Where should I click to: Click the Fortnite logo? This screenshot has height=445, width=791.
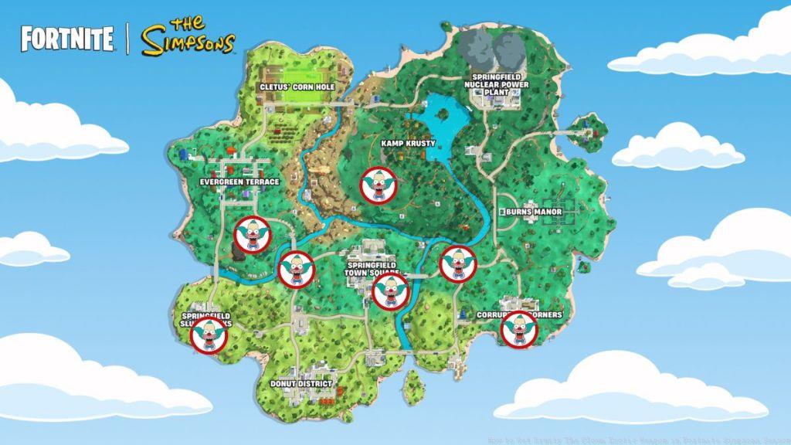67,38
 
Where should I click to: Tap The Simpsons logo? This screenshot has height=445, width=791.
188,36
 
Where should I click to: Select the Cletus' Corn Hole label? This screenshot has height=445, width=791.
297,87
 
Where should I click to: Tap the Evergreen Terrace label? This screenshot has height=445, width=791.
239,182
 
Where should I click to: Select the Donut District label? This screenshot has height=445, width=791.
300,383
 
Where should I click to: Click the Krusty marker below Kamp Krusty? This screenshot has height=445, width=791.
379,185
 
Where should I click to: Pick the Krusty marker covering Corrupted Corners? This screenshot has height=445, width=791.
519,330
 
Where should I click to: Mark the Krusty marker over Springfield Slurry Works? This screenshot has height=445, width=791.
208,335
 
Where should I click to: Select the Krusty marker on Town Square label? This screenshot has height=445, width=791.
390,291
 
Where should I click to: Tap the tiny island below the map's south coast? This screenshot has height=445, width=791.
412,380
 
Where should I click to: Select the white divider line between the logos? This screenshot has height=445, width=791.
127,39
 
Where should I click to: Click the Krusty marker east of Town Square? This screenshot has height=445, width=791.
457,265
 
